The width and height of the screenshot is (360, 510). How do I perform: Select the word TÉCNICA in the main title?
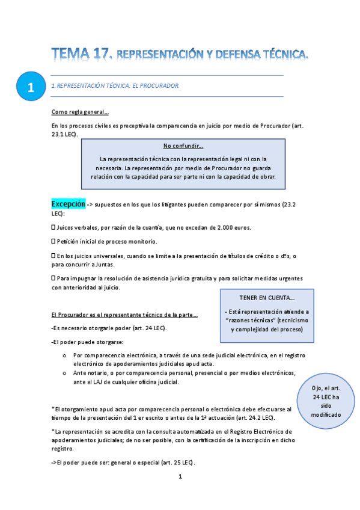point(280,56)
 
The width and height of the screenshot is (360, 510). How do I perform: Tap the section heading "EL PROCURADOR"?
point(155,86)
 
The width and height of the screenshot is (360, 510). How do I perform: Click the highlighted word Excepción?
point(68,204)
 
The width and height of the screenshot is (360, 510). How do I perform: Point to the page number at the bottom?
point(180,477)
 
